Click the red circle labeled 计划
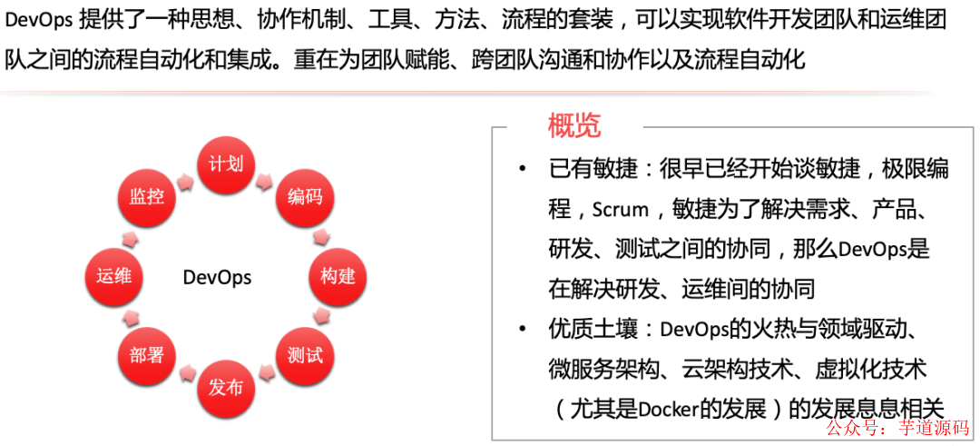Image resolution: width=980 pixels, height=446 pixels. [x=224, y=165]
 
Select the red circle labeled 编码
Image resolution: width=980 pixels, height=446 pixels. [x=304, y=196]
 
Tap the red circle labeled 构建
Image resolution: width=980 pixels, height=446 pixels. [x=337, y=275]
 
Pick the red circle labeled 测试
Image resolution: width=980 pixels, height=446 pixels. [x=304, y=354]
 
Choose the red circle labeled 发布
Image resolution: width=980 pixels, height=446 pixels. [x=225, y=387]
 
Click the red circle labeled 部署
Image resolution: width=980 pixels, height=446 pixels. [x=146, y=354]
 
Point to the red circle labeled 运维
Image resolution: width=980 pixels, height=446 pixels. [x=113, y=275]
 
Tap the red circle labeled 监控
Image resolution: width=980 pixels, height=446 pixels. [x=146, y=196]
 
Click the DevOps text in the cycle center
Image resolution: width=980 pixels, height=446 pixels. [x=217, y=277]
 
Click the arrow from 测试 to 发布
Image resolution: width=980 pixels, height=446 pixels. [x=266, y=375]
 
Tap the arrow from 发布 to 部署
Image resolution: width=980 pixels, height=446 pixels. [x=184, y=375]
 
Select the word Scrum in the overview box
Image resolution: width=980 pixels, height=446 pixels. [x=620, y=210]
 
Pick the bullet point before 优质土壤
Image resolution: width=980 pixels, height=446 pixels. [x=522, y=329]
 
